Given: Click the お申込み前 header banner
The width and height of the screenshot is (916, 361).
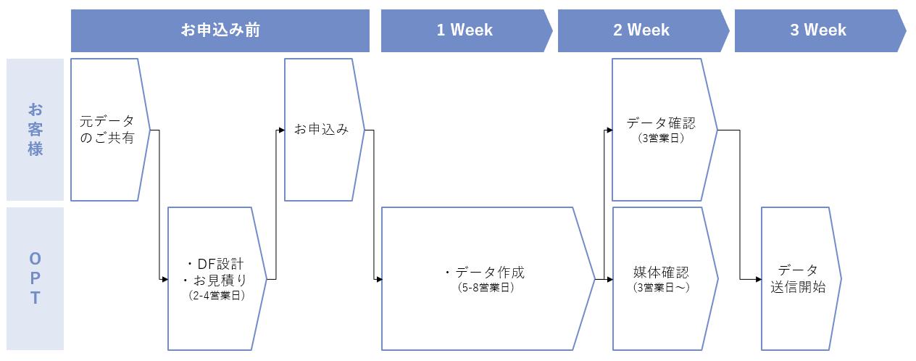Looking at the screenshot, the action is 220,30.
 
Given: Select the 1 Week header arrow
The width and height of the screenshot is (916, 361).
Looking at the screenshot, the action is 467,30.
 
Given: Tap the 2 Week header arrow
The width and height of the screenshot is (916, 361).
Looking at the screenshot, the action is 644,30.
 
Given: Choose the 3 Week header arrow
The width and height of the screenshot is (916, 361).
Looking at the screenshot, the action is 820,30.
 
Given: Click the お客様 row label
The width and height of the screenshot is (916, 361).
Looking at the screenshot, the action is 36,130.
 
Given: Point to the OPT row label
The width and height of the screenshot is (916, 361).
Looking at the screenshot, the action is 36,278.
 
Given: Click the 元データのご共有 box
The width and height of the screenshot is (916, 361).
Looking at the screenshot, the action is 110,130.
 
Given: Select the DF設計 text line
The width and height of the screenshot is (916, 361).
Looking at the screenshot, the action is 215,264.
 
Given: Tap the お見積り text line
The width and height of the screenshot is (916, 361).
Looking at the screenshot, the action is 215,281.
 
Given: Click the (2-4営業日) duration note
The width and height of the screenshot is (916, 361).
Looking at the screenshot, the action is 217,295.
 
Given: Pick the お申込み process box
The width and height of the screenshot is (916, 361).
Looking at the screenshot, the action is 324,130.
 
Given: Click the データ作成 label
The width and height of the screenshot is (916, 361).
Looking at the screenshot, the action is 486,272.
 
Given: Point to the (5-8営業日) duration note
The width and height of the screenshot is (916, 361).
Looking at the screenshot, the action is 486,287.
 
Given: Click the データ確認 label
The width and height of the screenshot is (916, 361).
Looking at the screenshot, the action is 661,123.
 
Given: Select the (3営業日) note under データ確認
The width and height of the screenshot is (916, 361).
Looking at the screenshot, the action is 661,138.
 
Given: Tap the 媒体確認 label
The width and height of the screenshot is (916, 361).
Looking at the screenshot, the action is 661,272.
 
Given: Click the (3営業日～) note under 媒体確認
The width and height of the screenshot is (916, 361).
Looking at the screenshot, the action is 661,287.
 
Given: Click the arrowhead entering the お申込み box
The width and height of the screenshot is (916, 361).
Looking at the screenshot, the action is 281,130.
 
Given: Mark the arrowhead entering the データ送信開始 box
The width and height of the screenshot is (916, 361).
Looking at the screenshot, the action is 758,279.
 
